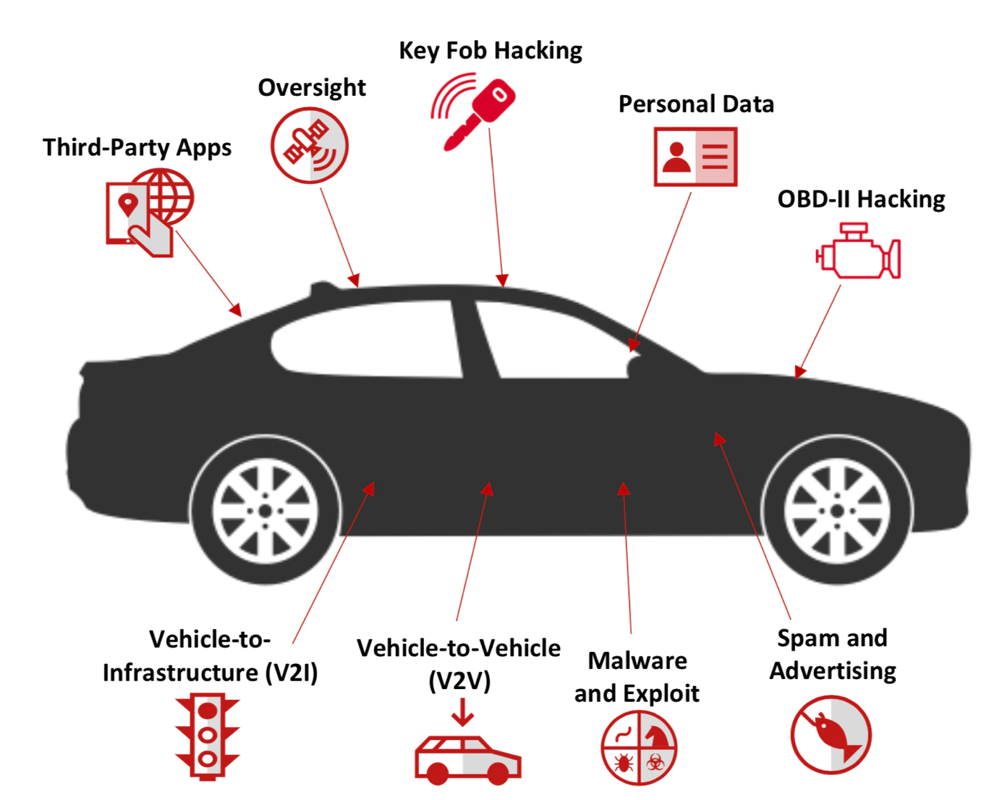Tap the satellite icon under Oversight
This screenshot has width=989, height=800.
(309, 145)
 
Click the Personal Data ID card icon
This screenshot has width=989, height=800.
(695, 157)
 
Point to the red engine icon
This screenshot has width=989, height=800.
(858, 252)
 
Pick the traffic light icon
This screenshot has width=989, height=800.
(207, 736)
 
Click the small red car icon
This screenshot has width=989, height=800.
(468, 758)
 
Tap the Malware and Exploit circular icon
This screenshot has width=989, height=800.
(638, 748)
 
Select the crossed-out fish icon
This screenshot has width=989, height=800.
(831, 735)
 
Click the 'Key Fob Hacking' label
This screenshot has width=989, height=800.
(490, 51)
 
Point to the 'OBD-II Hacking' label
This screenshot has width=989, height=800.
(861, 199)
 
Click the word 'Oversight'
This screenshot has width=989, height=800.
(312, 88)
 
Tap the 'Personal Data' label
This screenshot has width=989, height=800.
(696, 104)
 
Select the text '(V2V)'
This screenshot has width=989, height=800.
(460, 681)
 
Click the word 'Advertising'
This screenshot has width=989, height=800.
(832, 671)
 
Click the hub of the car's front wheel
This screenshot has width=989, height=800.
(837, 511)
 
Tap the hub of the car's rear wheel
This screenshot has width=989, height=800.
(265, 511)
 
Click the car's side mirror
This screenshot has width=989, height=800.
(634, 366)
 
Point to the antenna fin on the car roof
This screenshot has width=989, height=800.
(323, 288)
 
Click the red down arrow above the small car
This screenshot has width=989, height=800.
(463, 711)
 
